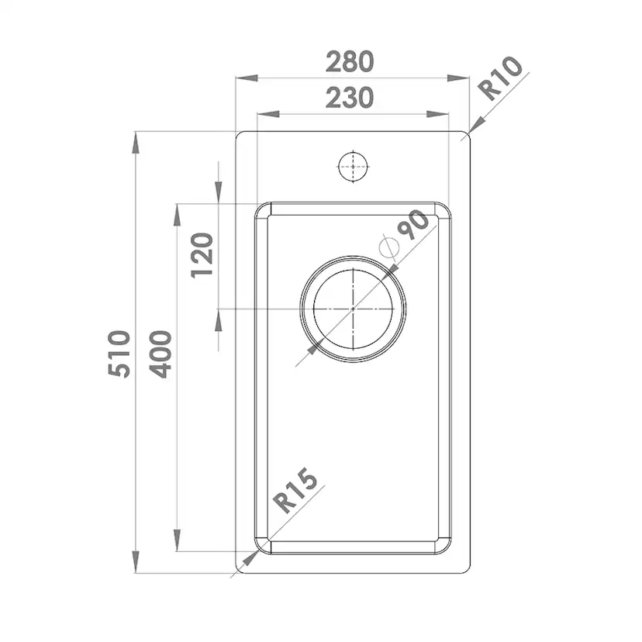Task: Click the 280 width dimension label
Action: [350, 62]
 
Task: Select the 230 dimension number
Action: [350, 98]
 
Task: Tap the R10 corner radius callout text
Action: [501, 78]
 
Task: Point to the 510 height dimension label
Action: [119, 354]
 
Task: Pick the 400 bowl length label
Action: [160, 354]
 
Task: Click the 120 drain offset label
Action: [202, 256]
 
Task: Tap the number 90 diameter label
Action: [413, 225]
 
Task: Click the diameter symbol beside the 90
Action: [389, 247]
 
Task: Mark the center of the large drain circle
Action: [353, 309]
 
